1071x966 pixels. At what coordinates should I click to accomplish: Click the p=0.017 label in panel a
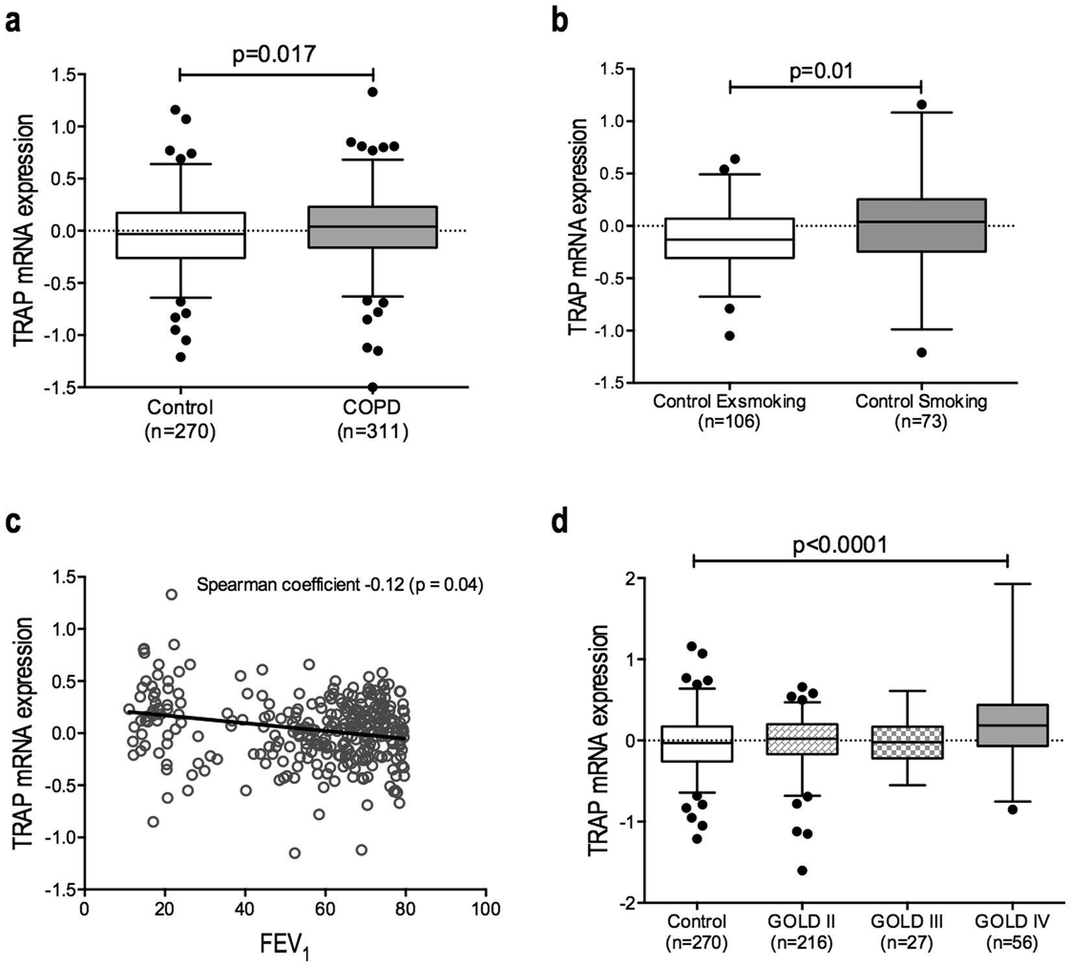pyautogui.click(x=274, y=53)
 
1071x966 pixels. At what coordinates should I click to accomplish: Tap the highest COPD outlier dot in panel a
pyautogui.click(x=373, y=92)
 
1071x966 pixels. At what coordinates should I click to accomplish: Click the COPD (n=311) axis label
pyautogui.click(x=373, y=419)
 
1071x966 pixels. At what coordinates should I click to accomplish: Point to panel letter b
pyautogui.click(x=559, y=20)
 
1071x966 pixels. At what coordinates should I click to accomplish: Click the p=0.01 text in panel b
pyautogui.click(x=821, y=70)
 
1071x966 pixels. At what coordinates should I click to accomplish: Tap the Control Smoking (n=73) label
pyautogui.click(x=921, y=411)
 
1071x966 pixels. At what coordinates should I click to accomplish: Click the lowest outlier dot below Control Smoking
pyautogui.click(x=921, y=353)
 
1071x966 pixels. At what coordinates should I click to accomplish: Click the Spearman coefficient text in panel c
pyautogui.click(x=339, y=585)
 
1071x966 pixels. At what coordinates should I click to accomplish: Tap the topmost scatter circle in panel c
pyautogui.click(x=171, y=594)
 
